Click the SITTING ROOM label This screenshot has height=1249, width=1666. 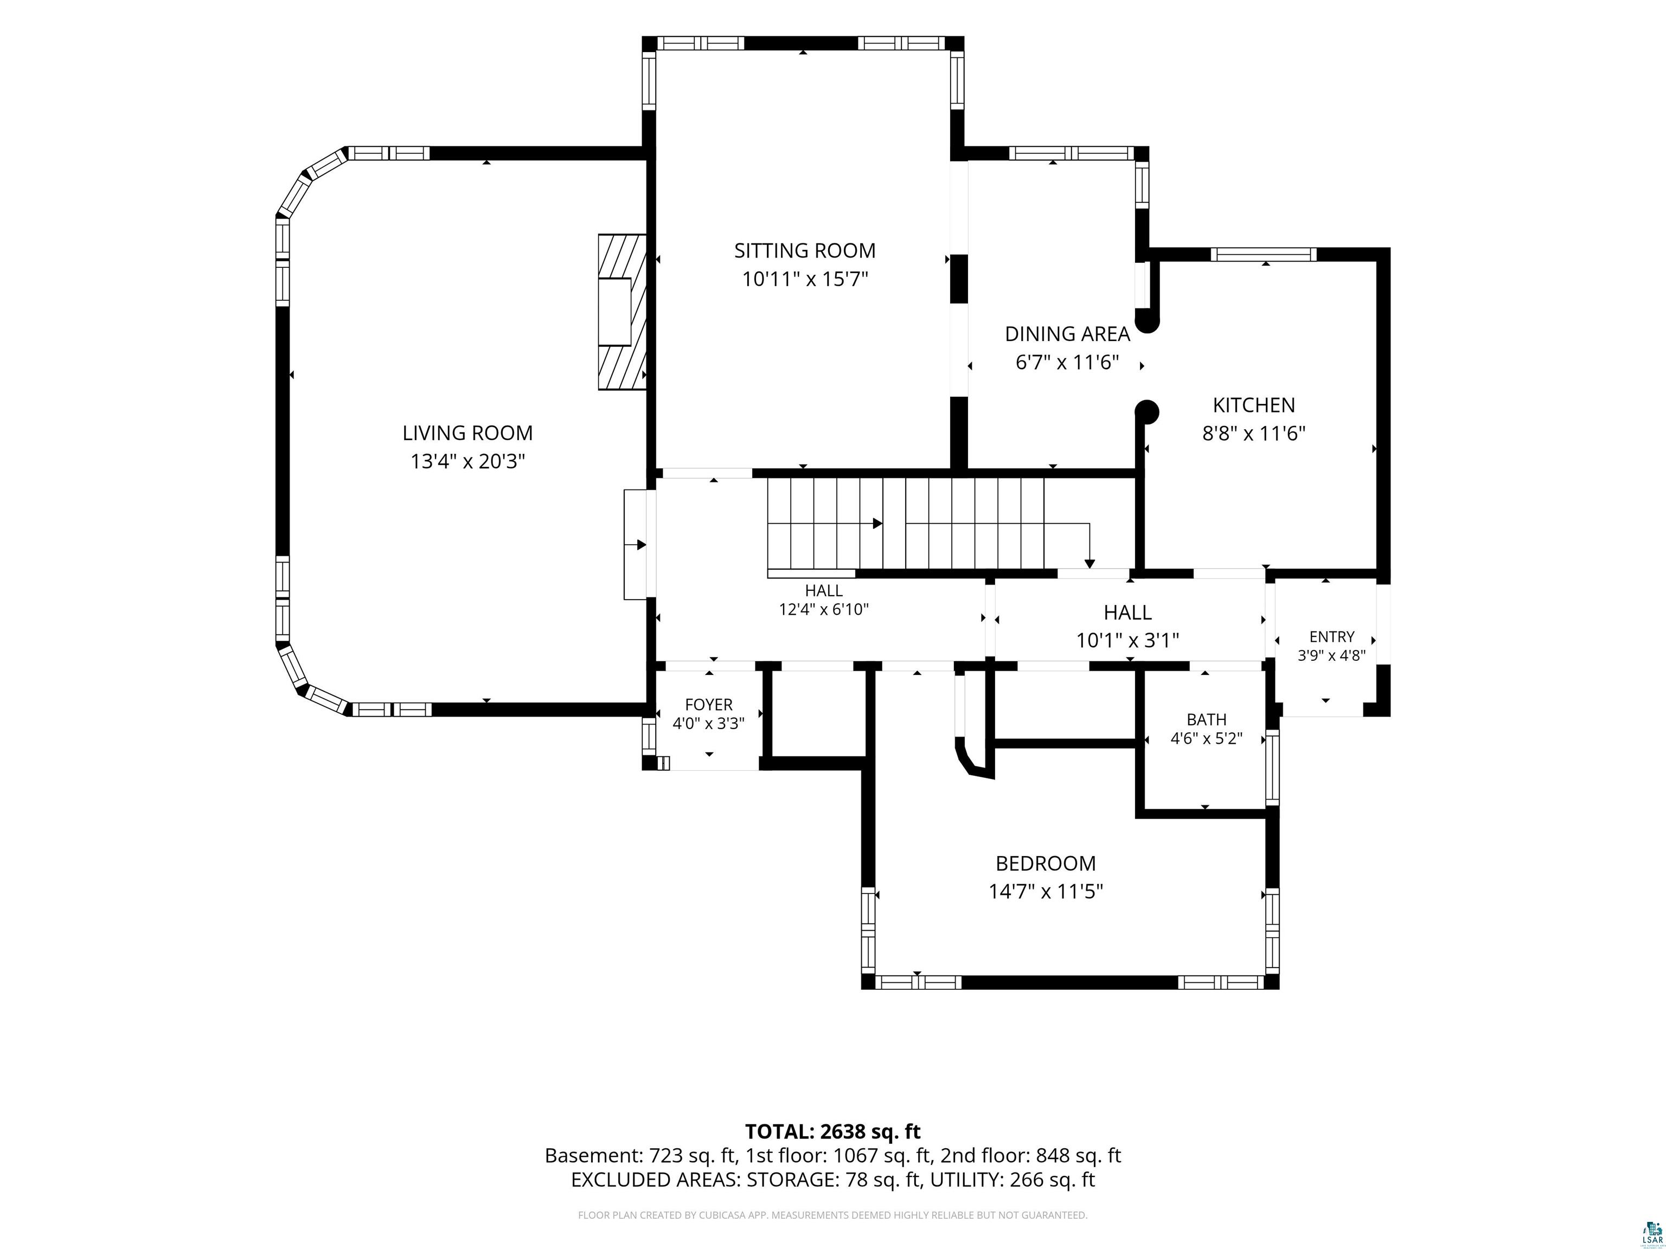point(804,250)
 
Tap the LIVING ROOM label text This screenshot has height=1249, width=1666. point(467,433)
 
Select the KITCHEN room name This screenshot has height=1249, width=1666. point(1253,405)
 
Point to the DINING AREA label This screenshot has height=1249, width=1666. point(1067,333)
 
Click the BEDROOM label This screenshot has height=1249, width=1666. point(1046,863)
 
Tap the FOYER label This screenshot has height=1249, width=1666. point(709,705)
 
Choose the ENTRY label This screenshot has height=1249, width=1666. point(1331,637)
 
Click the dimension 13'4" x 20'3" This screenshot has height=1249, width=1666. point(467,461)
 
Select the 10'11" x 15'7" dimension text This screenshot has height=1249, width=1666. point(804,279)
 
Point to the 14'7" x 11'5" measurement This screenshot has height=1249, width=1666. point(1046,891)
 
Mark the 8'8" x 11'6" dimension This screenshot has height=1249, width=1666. point(1253,434)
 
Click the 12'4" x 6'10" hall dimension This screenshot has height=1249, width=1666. point(823,609)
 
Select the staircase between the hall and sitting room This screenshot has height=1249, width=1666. point(905,524)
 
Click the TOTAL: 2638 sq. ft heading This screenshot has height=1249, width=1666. point(833,1131)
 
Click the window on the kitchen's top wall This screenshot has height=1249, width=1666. point(1264,254)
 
